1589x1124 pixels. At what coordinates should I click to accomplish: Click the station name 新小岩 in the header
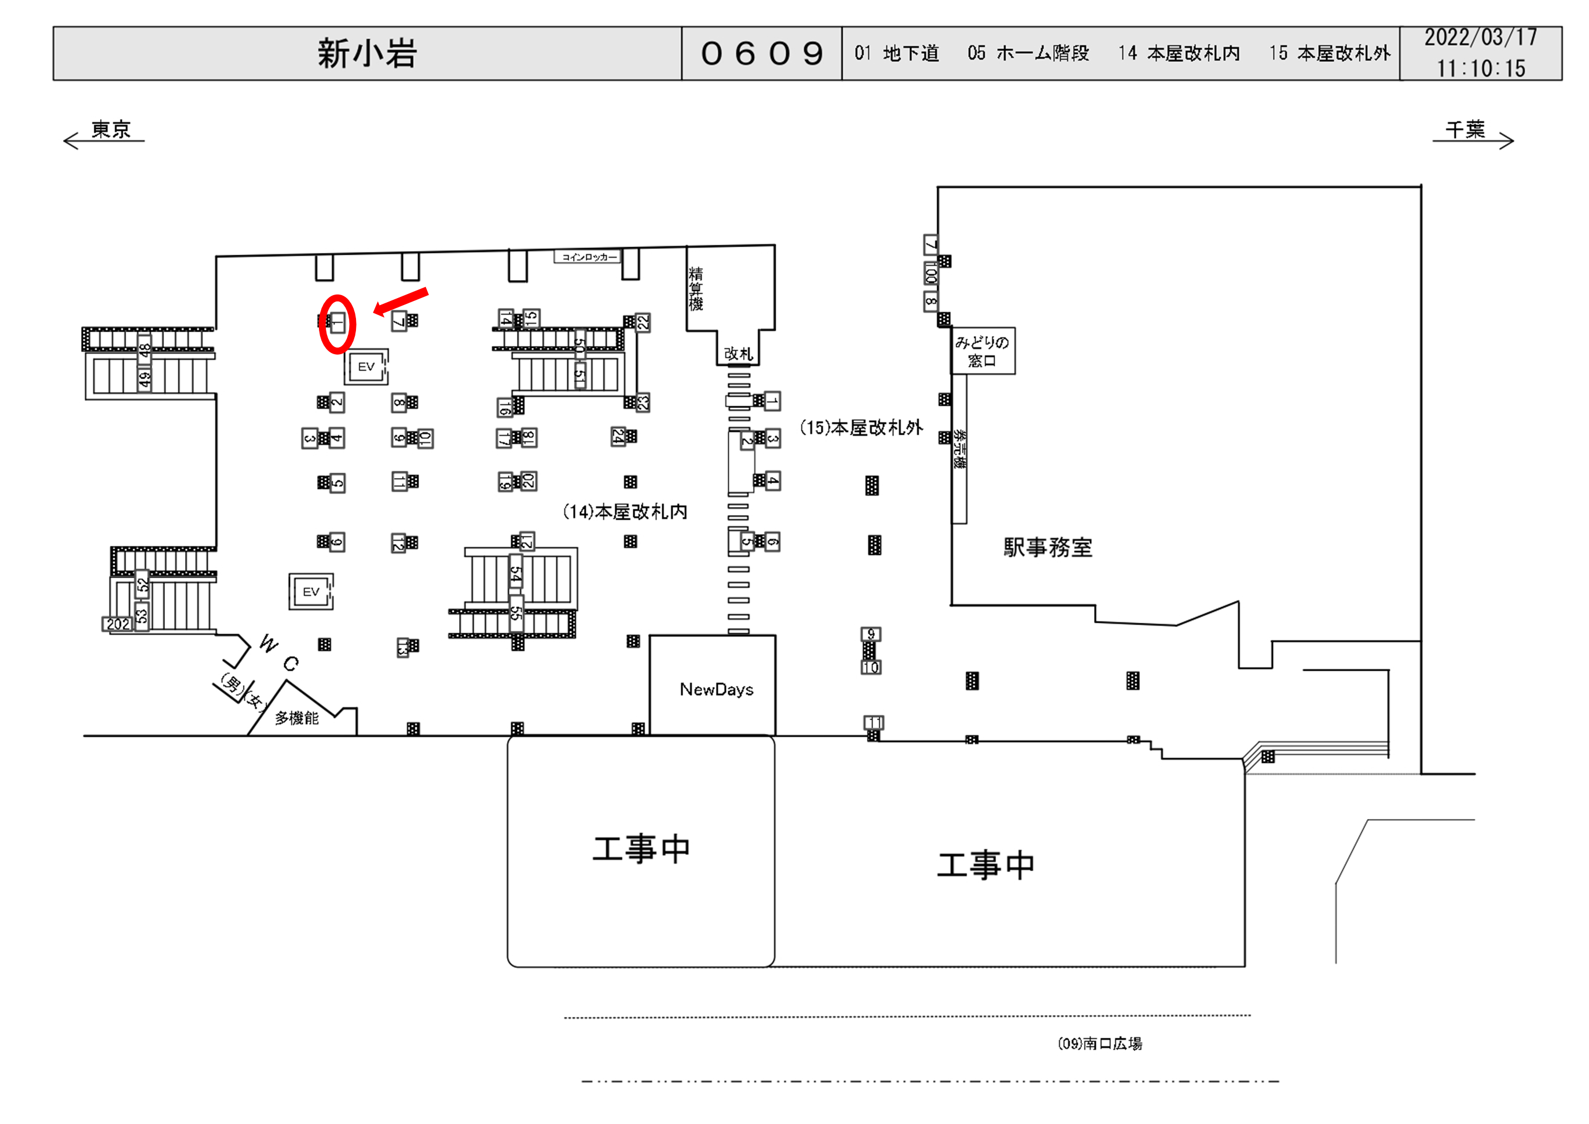pos(367,54)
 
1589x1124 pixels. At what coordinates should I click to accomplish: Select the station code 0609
pos(761,54)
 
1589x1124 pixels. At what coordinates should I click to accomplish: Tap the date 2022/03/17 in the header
pos(1480,38)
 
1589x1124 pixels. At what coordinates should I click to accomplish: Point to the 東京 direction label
pos(111,130)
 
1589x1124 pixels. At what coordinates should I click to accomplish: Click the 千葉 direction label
pos(1465,130)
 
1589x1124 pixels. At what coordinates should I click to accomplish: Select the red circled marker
pos(337,323)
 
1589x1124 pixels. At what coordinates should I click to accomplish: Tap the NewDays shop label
pos(715,689)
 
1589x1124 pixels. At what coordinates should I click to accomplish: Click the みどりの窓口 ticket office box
pos(982,351)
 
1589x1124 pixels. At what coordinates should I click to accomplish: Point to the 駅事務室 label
pos(1047,548)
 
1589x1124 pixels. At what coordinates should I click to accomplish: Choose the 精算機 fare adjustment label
pos(696,289)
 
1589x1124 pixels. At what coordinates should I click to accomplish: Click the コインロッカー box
pos(588,257)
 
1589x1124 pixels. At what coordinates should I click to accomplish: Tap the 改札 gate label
pos(737,354)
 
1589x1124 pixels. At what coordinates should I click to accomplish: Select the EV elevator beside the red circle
pos(366,366)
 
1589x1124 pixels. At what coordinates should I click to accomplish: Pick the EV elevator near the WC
pos(311,592)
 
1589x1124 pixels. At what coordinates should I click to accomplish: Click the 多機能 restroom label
pos(297,718)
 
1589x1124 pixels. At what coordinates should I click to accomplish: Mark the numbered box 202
pos(117,623)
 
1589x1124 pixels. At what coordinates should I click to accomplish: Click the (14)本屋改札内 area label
pos(625,512)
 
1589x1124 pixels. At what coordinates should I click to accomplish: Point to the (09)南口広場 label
pos(1100,1043)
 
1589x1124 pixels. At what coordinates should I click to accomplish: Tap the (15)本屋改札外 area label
pos(861,428)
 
